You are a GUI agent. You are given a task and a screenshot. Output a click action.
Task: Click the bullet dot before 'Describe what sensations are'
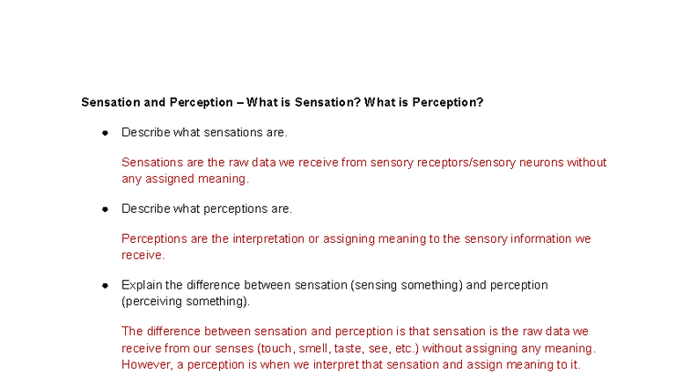click(105, 133)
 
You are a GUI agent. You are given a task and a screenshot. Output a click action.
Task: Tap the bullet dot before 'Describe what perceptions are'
click(105, 209)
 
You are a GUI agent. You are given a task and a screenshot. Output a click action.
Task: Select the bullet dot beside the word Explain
click(105, 285)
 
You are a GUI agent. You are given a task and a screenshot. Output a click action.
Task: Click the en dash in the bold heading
click(240, 102)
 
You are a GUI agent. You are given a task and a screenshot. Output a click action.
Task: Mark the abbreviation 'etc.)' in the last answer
click(404, 348)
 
